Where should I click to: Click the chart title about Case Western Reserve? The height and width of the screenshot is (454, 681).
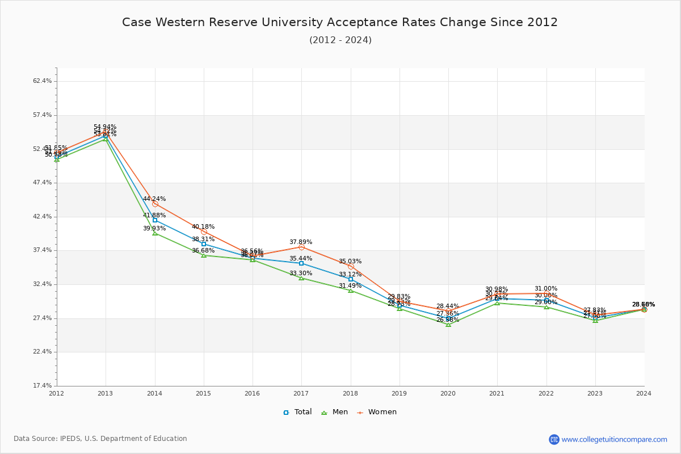click(x=340, y=22)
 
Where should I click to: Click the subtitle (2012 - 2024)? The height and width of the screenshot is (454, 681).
click(x=340, y=40)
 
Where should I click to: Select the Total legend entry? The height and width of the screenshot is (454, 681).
click(x=297, y=412)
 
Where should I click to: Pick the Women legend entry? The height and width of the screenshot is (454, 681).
click(x=376, y=412)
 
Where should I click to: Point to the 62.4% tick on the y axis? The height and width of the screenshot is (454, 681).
click(x=43, y=81)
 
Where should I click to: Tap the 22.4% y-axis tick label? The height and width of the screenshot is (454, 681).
click(x=43, y=352)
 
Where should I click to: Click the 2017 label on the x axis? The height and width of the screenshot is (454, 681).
click(x=301, y=393)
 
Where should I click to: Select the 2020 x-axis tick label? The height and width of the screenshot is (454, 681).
click(x=448, y=393)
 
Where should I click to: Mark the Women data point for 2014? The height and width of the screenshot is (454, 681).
click(x=155, y=204)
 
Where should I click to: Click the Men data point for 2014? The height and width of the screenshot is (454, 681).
click(x=155, y=233)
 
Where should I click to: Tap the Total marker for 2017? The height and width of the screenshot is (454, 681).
click(x=301, y=263)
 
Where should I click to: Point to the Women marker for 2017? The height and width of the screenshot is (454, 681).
click(x=301, y=247)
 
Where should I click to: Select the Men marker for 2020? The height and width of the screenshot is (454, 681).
click(x=448, y=325)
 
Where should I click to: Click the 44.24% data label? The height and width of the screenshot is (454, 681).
click(x=154, y=199)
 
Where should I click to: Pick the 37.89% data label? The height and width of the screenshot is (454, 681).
click(x=301, y=242)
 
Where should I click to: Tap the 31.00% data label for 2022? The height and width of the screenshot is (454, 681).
click(x=546, y=288)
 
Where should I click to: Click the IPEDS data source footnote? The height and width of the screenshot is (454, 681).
click(x=100, y=439)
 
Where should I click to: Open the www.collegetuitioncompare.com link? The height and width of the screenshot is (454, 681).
click(x=614, y=439)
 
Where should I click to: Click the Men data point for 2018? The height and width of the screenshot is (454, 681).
click(x=351, y=290)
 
